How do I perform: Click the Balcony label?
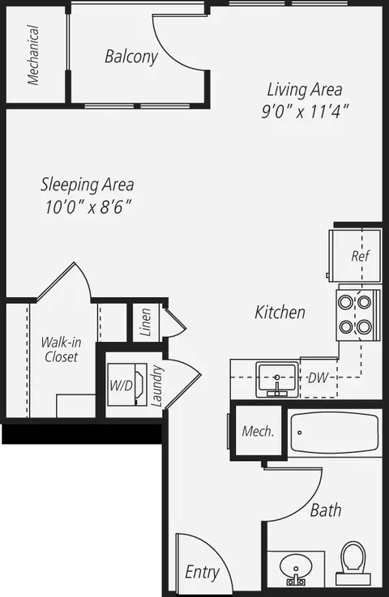(x=130, y=57)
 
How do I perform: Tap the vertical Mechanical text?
(x=33, y=55)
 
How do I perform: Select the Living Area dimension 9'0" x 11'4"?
(x=305, y=113)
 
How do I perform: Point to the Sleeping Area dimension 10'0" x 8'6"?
(x=88, y=207)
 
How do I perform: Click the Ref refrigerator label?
(x=360, y=256)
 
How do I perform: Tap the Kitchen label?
(x=280, y=312)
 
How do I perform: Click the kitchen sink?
(x=278, y=378)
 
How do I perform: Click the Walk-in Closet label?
(x=61, y=349)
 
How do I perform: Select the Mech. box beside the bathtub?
(x=258, y=431)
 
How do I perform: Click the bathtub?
(x=334, y=434)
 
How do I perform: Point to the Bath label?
(x=325, y=510)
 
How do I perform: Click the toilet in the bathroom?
(x=353, y=561)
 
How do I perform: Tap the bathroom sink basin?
(x=296, y=565)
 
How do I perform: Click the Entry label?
(x=202, y=572)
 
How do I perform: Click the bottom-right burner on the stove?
(x=364, y=327)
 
